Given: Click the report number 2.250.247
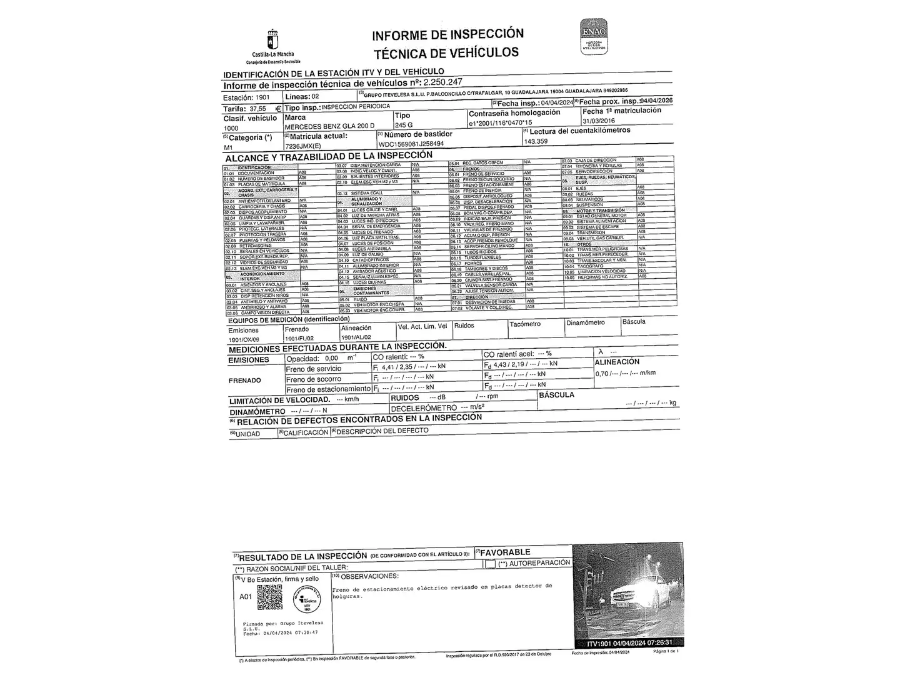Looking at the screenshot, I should pos(442,82).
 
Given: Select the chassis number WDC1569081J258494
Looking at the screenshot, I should pos(411,144).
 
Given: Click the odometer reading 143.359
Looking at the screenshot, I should pos(536,141).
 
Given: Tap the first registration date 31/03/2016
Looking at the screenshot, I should pos(598,121).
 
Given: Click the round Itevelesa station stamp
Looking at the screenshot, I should pos(307,599).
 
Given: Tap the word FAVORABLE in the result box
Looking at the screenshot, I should pos(505,552).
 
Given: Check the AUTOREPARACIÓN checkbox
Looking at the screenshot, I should pos(490,564).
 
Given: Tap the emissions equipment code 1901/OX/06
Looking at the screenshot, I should pos(243,339).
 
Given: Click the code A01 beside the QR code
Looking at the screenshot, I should pos(246,596).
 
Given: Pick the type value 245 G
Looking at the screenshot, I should pos(404,125).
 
